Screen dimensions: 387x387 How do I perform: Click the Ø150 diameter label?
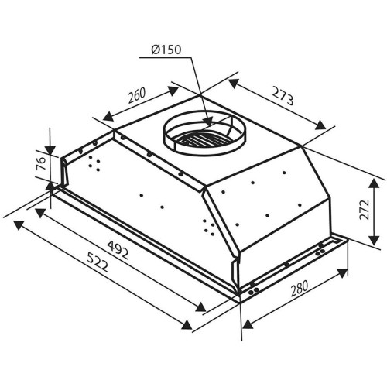click(166, 50)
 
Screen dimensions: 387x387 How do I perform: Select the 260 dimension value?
click(137, 95)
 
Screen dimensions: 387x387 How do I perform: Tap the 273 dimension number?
click(283, 97)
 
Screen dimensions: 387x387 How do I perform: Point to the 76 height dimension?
click(41, 163)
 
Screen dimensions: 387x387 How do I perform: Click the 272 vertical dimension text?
click(365, 209)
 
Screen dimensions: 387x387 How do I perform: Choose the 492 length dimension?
click(118, 250)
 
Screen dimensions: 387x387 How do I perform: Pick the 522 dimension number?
click(97, 262)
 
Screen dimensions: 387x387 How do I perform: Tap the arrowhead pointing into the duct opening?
click(207, 121)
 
